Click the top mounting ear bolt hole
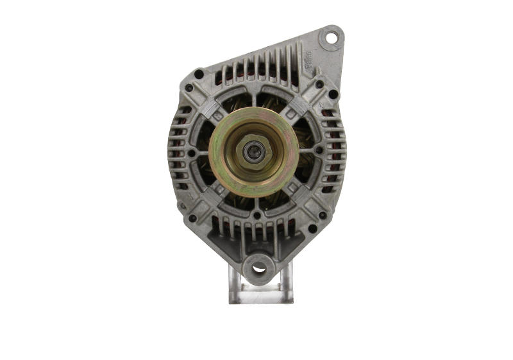tap(332, 37)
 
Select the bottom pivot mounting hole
tap(258, 268)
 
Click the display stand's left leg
tap(233, 289)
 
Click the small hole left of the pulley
tap(191, 154)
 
